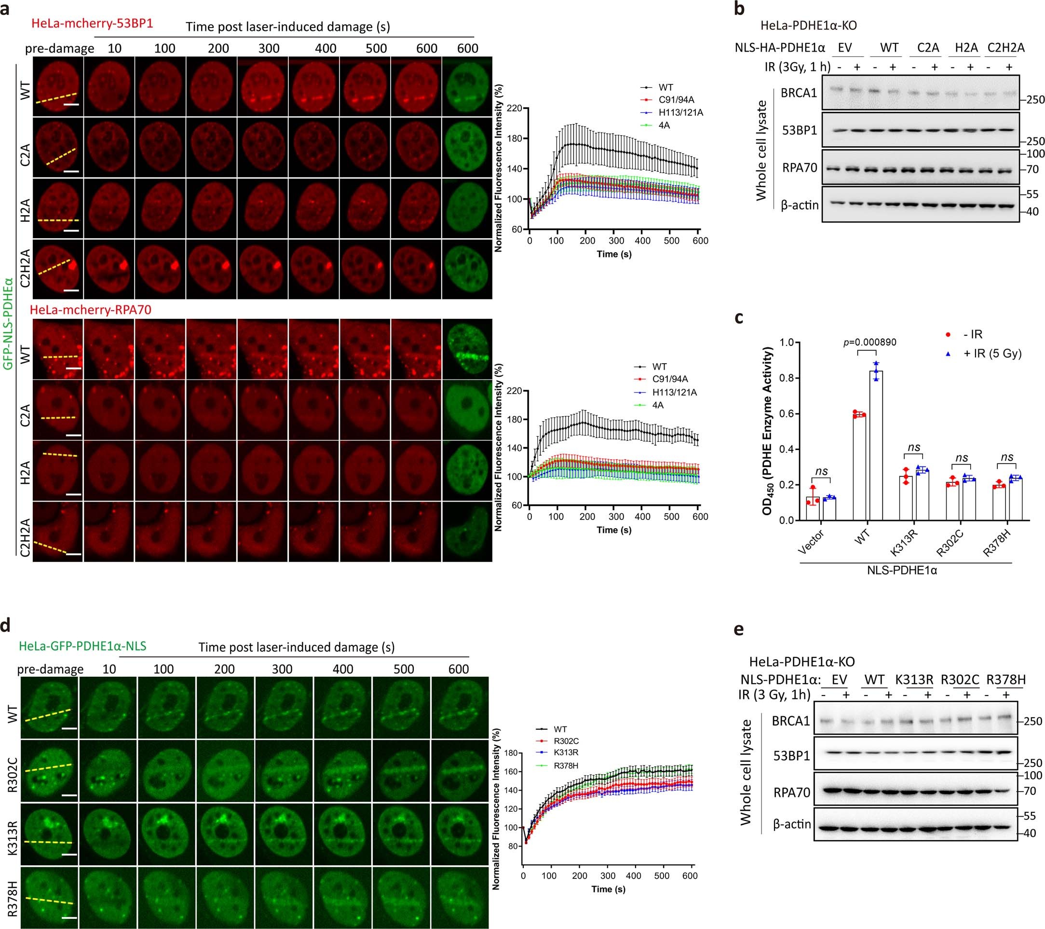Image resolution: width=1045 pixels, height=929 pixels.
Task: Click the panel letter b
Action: [x=739, y=9]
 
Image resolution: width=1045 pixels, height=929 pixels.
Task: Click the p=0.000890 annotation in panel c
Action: [x=869, y=342]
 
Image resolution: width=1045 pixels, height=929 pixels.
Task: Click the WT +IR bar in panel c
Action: [x=876, y=445]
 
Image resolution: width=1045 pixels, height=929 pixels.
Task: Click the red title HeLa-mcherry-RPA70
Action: [x=91, y=309]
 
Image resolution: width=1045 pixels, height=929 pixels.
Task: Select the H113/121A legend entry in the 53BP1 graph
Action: [x=680, y=112]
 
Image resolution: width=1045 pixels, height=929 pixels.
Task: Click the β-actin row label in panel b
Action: [x=800, y=205]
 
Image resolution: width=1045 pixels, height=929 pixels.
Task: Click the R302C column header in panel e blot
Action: [x=960, y=680]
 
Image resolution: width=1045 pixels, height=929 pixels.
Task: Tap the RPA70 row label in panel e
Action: [x=792, y=792]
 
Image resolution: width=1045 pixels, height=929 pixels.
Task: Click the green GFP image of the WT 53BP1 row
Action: [x=467, y=86]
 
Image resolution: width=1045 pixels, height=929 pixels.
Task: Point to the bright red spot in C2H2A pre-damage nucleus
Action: [x=73, y=265]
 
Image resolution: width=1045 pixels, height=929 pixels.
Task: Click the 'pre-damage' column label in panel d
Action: [x=50, y=669]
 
